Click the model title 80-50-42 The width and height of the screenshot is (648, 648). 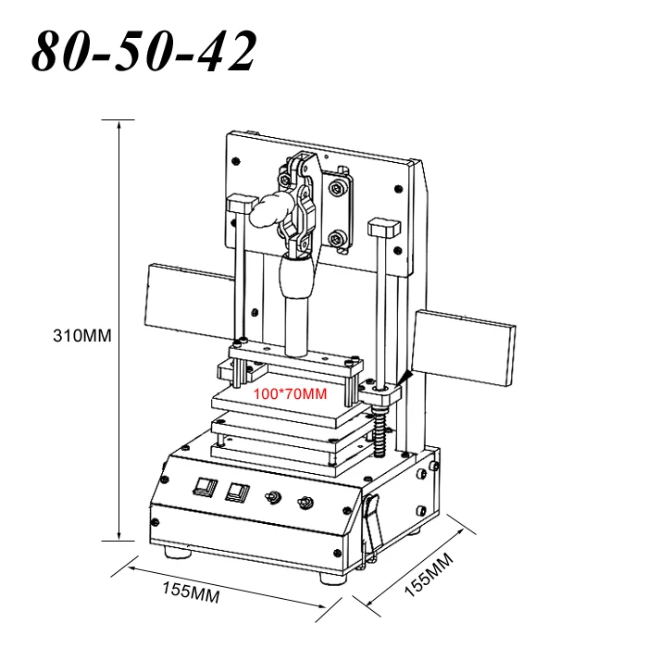point(143,51)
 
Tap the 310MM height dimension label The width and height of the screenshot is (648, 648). point(82,335)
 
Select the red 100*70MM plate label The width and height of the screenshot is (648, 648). point(290,393)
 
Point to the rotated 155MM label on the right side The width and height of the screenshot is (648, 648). point(429,575)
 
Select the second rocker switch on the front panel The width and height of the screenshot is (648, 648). point(238,492)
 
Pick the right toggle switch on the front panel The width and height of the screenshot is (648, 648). point(305,503)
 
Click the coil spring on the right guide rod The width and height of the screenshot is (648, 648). point(380,431)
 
